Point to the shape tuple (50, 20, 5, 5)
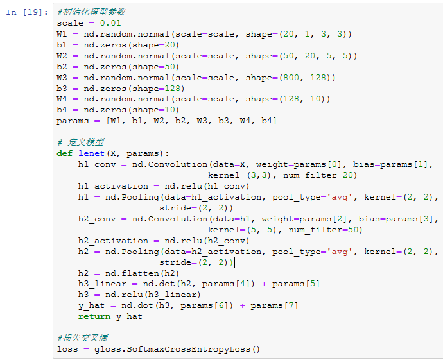(319, 55)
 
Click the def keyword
(64, 153)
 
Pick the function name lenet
(92, 153)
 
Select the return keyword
(94, 316)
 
